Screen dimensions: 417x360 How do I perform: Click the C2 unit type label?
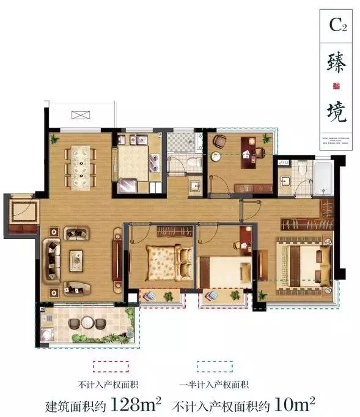[338, 25]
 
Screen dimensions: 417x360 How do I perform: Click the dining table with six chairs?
[81, 166]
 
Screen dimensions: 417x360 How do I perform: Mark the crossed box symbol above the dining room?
[79, 115]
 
